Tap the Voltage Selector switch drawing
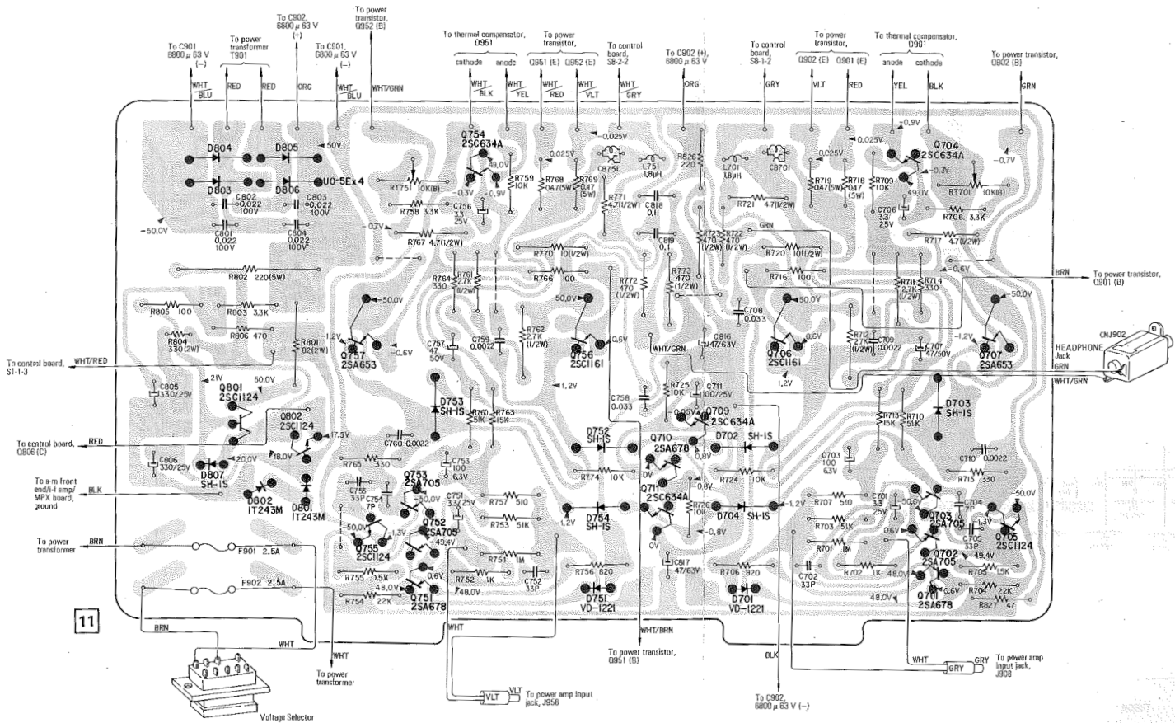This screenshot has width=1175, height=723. click(217, 674)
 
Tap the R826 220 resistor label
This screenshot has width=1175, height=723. click(687, 160)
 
